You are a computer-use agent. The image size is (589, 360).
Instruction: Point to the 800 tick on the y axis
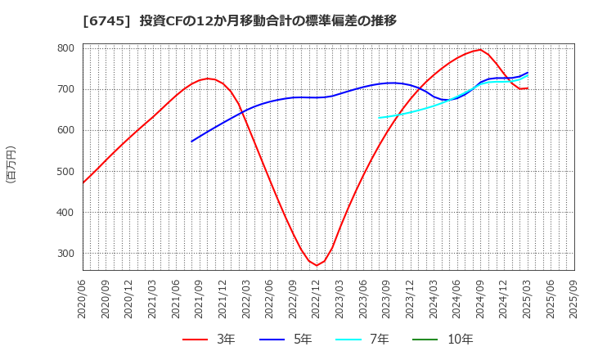(65, 48)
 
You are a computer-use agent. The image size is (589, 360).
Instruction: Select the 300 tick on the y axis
(65, 254)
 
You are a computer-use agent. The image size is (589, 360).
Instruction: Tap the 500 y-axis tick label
(65, 172)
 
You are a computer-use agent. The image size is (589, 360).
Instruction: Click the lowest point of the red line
(317, 265)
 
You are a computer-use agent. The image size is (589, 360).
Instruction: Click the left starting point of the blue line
(192, 142)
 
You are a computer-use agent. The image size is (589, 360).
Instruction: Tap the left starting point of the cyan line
(380, 118)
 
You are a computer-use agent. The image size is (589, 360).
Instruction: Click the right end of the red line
(528, 88)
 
